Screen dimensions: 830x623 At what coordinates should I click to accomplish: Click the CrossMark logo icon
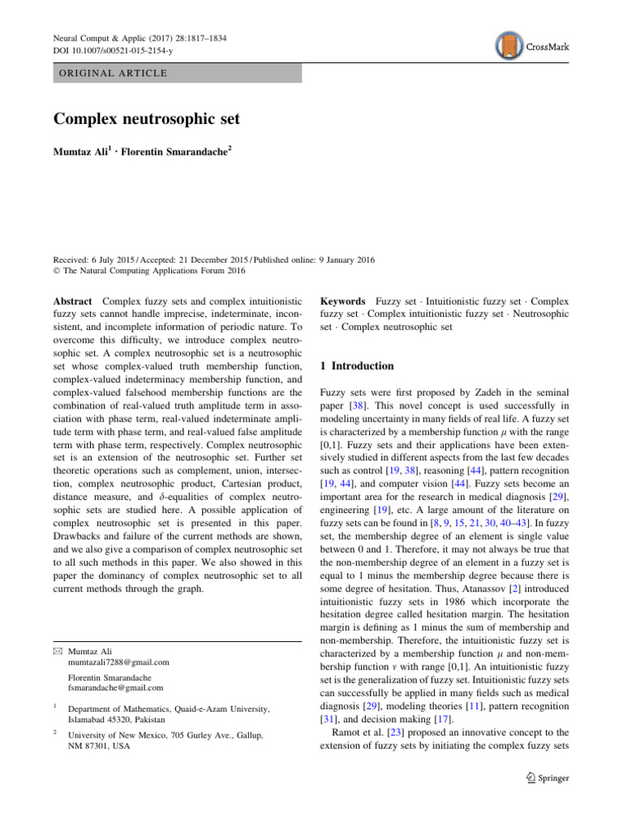tap(509, 47)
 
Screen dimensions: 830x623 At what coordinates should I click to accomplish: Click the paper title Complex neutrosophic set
tap(146, 119)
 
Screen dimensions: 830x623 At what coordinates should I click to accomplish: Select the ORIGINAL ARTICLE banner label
tap(110, 73)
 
